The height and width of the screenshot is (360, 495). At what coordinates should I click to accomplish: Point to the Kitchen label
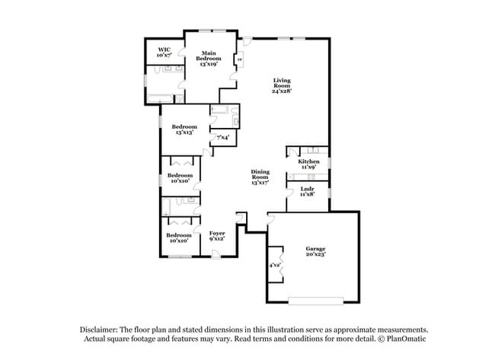tap(308, 161)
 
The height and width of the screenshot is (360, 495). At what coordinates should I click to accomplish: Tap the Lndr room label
tap(308, 188)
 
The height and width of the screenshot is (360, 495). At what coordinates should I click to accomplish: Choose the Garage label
tap(315, 248)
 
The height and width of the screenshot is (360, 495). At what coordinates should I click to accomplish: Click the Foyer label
tap(217, 232)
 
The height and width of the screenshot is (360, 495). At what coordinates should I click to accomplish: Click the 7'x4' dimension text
tap(224, 138)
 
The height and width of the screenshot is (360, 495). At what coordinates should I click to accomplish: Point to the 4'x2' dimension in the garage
tap(274, 265)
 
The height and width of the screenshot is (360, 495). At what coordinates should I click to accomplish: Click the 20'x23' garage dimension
tap(315, 255)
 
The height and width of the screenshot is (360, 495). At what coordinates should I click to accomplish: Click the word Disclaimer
tap(100, 328)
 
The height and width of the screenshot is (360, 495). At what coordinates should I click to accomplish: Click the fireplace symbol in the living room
tap(241, 59)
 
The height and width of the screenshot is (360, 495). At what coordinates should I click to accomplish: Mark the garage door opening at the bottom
tap(311, 299)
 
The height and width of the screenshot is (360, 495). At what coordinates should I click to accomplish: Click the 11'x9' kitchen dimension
tap(308, 167)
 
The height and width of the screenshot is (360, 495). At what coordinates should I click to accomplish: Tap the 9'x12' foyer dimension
tap(217, 239)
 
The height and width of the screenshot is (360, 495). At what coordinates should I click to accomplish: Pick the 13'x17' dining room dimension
tap(261, 183)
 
